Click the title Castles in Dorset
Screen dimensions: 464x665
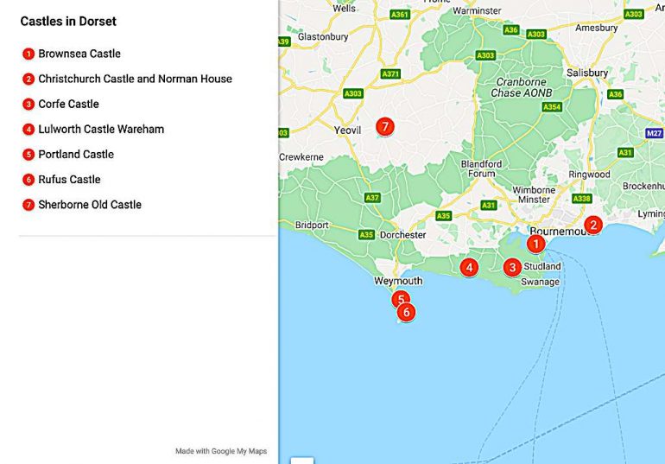[68, 21]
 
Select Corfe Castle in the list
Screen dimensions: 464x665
[68, 104]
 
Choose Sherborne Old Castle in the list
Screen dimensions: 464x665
[90, 205]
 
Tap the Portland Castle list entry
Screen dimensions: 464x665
[76, 155]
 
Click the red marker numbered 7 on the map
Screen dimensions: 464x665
[385, 127]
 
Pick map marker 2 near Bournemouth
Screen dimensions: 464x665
[592, 226]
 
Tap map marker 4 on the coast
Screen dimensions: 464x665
[469, 268]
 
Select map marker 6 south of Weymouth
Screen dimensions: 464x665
[405, 312]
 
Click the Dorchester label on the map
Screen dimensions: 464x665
[403, 235]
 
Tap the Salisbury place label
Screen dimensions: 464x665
[587, 73]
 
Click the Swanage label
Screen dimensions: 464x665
[540, 282]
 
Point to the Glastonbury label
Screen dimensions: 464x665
[323, 37]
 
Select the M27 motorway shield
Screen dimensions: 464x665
[654, 133]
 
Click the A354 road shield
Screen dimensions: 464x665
[551, 107]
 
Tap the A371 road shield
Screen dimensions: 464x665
[391, 74]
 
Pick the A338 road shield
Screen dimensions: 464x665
[581, 199]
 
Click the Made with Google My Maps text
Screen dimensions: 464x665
[221, 451]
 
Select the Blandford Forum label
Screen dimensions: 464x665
[481, 168]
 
